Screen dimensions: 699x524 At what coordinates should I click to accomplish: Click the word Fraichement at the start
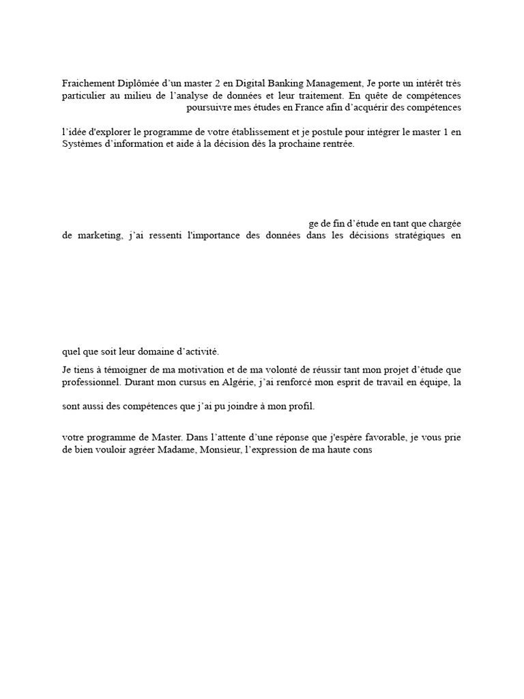click(89, 83)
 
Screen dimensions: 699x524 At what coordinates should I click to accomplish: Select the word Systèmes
click(83, 145)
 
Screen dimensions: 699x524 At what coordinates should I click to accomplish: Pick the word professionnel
click(91, 383)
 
